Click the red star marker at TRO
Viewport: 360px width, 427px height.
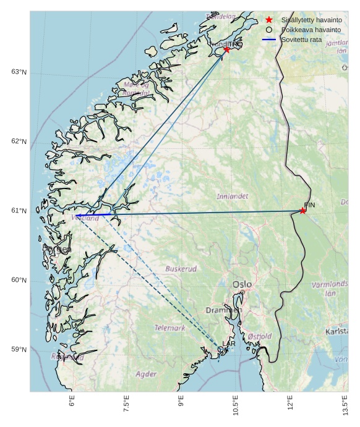click(x=227, y=49)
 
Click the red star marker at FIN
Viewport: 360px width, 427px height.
click(x=302, y=211)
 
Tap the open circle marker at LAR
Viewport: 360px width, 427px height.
click(x=221, y=349)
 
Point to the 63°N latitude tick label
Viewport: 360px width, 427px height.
click(x=19, y=72)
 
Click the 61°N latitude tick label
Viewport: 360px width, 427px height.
click(x=19, y=211)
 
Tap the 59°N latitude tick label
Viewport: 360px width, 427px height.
click(x=19, y=350)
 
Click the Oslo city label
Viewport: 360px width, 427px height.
click(x=242, y=284)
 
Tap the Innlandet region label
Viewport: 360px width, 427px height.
click(x=233, y=197)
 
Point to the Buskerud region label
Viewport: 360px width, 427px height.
click(x=181, y=269)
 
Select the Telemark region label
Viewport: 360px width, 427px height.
click(x=169, y=328)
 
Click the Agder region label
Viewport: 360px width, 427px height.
click(x=146, y=374)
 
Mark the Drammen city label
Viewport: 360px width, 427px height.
click(x=223, y=310)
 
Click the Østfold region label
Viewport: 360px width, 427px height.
click(x=260, y=336)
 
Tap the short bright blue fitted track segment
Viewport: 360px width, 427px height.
click(x=93, y=215)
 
